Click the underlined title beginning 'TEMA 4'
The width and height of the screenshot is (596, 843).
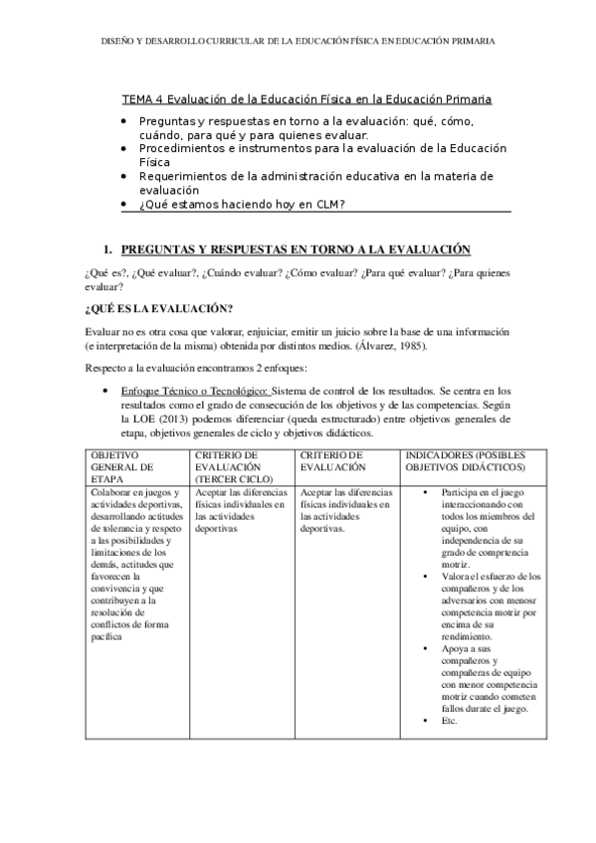point(306,100)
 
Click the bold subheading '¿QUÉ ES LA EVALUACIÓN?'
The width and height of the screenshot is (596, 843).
point(159,307)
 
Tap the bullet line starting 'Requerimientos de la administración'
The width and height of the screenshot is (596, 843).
point(314,182)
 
